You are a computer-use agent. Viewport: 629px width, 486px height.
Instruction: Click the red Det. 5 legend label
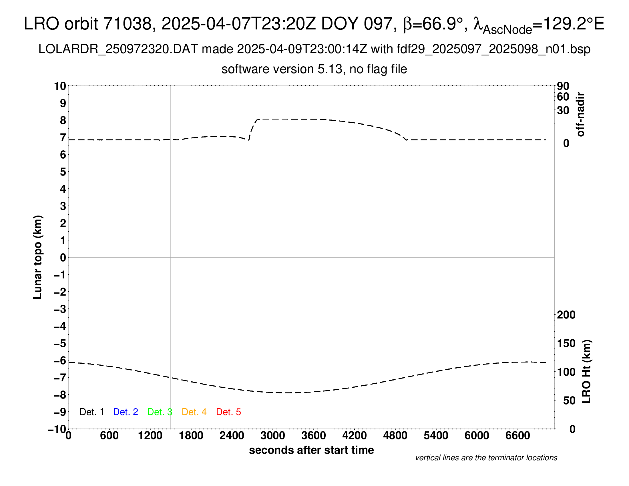pyautogui.click(x=228, y=412)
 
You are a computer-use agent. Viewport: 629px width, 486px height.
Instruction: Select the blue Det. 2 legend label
pyautogui.click(x=126, y=412)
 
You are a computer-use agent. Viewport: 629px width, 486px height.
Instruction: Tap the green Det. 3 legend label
pyautogui.click(x=160, y=412)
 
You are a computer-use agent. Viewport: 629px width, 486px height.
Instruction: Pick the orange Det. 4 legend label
pyautogui.click(x=194, y=412)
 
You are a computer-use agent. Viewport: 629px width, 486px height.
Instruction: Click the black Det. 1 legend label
pyautogui.click(x=91, y=412)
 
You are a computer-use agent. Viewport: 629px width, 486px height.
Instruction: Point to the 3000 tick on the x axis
pyautogui.click(x=273, y=436)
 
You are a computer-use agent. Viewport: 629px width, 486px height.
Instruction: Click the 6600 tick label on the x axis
pyautogui.click(x=517, y=436)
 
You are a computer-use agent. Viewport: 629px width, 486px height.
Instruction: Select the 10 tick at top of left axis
pyautogui.click(x=60, y=86)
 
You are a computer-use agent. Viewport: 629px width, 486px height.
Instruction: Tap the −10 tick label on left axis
pyautogui.click(x=57, y=429)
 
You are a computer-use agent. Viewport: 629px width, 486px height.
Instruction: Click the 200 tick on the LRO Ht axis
pyautogui.click(x=566, y=315)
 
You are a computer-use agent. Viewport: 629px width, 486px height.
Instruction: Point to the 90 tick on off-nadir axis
pyautogui.click(x=563, y=86)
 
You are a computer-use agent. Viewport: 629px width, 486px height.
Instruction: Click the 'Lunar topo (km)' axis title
pyautogui.click(x=38, y=257)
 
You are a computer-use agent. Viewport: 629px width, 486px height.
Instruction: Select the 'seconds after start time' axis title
pyautogui.click(x=311, y=450)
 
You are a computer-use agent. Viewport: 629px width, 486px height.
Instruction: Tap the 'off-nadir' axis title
pyautogui.click(x=581, y=114)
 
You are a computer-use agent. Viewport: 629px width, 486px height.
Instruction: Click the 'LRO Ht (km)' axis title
pyautogui.click(x=586, y=372)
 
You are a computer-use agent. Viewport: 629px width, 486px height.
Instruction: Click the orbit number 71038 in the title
pyautogui.click(x=127, y=24)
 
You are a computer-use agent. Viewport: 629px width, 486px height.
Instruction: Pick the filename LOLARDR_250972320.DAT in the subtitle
pyautogui.click(x=118, y=49)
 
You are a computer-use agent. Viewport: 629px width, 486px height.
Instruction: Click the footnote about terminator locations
pyautogui.click(x=486, y=458)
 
